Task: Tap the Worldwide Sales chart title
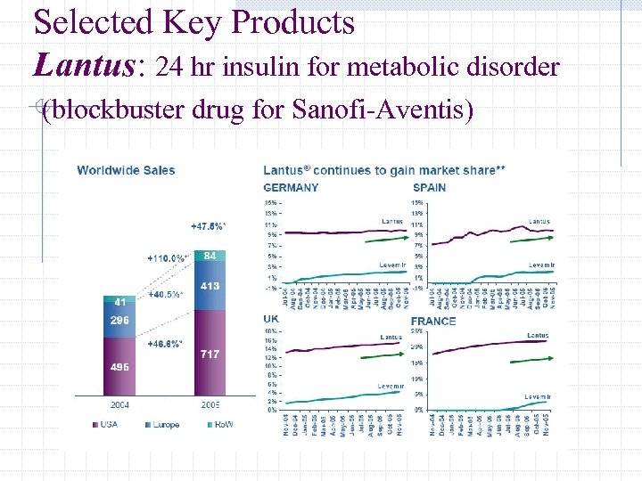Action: [x=126, y=170]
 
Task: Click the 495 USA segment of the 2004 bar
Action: [x=119, y=365]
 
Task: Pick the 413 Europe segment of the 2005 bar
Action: [x=210, y=287]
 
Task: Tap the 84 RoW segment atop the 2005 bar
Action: [x=210, y=257]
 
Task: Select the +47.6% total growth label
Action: [x=208, y=226]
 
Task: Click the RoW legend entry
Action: [x=218, y=425]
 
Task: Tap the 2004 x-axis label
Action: [x=119, y=404]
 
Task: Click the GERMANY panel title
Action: [x=291, y=188]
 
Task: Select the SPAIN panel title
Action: [x=429, y=188]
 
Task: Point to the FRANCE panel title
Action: [x=433, y=321]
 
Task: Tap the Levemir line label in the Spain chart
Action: [x=540, y=265]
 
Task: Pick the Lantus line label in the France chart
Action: [x=538, y=336]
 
